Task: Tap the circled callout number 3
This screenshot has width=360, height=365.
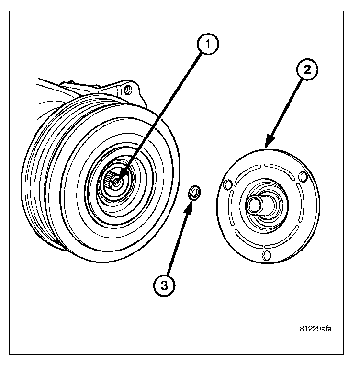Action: click(165, 286)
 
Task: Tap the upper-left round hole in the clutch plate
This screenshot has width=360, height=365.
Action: click(228, 183)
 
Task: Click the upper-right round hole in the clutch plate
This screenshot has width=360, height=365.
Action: click(303, 177)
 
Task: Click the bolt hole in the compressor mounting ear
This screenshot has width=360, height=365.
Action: click(127, 90)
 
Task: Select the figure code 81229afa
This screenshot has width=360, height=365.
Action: click(315, 329)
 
